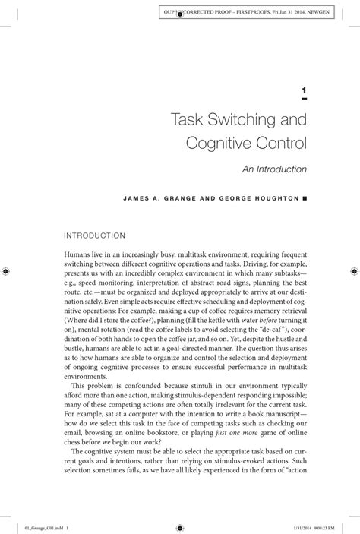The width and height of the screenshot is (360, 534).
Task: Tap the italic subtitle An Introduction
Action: [x=275, y=169]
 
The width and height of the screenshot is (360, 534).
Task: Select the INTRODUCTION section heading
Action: [x=95, y=236]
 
